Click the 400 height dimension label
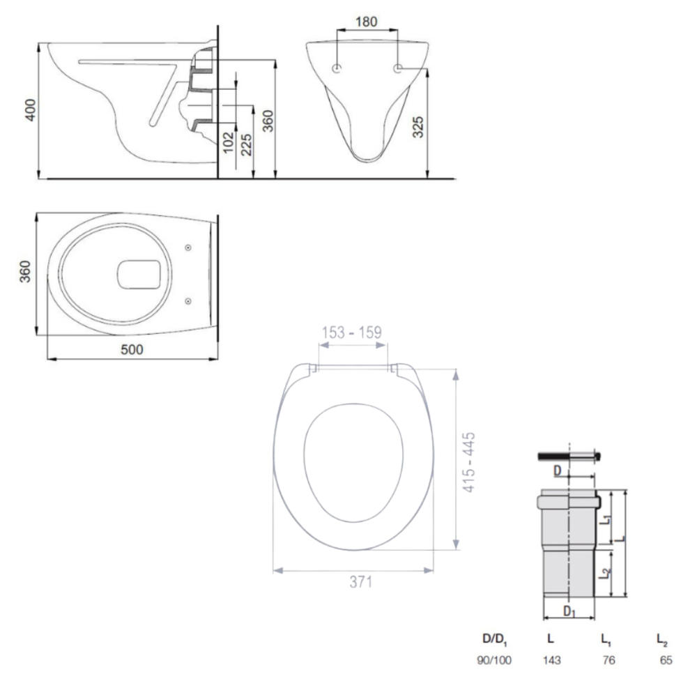30,110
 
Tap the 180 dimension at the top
367,22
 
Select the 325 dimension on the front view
418,127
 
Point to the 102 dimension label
228,142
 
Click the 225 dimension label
246,145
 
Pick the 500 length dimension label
132,349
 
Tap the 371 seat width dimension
360,582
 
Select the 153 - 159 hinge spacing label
351,332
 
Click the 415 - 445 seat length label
469,462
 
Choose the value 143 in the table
551,660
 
